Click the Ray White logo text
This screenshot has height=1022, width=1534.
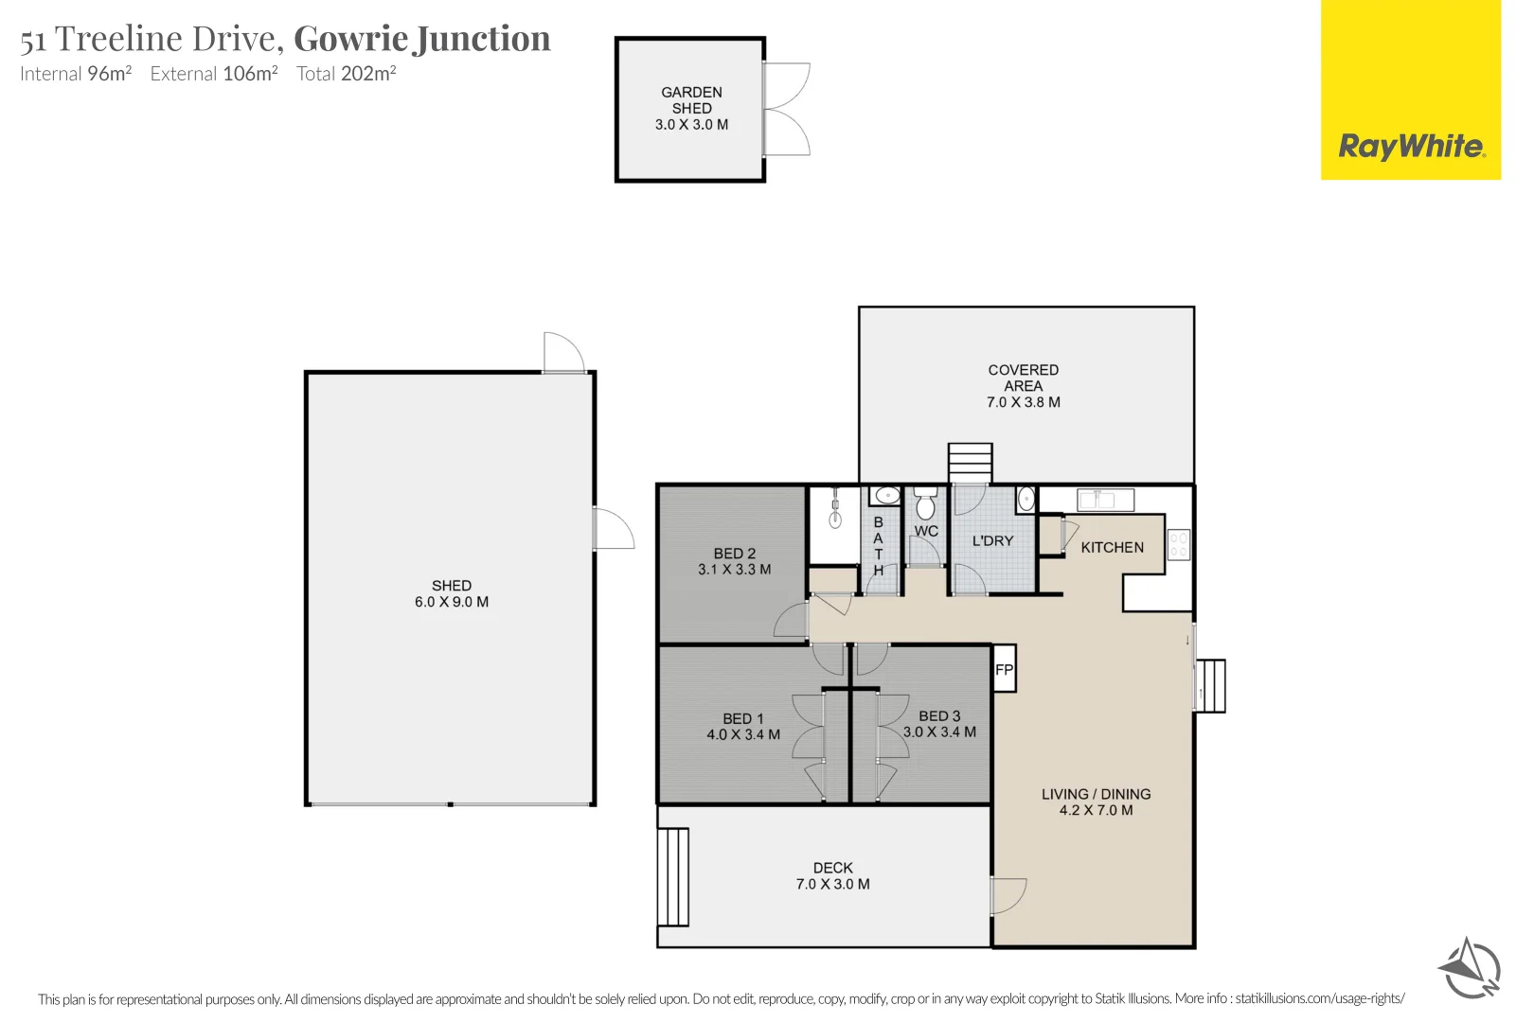point(1410,147)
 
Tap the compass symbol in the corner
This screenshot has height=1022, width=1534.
point(1469,968)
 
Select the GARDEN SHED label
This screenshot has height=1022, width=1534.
point(691,100)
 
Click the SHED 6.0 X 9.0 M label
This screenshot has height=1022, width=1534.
point(452,593)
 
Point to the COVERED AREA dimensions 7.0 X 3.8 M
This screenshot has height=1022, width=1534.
point(1023,402)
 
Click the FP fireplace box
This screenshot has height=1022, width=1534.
point(1004,669)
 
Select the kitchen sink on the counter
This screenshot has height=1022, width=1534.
point(1105,499)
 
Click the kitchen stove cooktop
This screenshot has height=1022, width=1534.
point(1178,544)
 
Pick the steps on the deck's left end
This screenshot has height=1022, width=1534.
point(673,876)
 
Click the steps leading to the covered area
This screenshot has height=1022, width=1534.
point(971,463)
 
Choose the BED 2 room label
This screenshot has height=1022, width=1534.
point(735,554)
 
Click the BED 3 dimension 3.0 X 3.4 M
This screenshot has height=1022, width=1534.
point(939,731)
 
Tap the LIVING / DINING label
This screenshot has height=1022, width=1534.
point(1096,794)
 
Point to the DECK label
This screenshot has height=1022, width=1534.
point(832,868)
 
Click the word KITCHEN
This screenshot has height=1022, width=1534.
point(1112,547)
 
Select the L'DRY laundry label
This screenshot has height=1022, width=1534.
point(992,540)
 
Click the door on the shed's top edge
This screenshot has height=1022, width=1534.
point(563,353)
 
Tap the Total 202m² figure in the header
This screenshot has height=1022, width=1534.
point(347,74)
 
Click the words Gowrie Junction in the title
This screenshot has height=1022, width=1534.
point(422,38)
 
